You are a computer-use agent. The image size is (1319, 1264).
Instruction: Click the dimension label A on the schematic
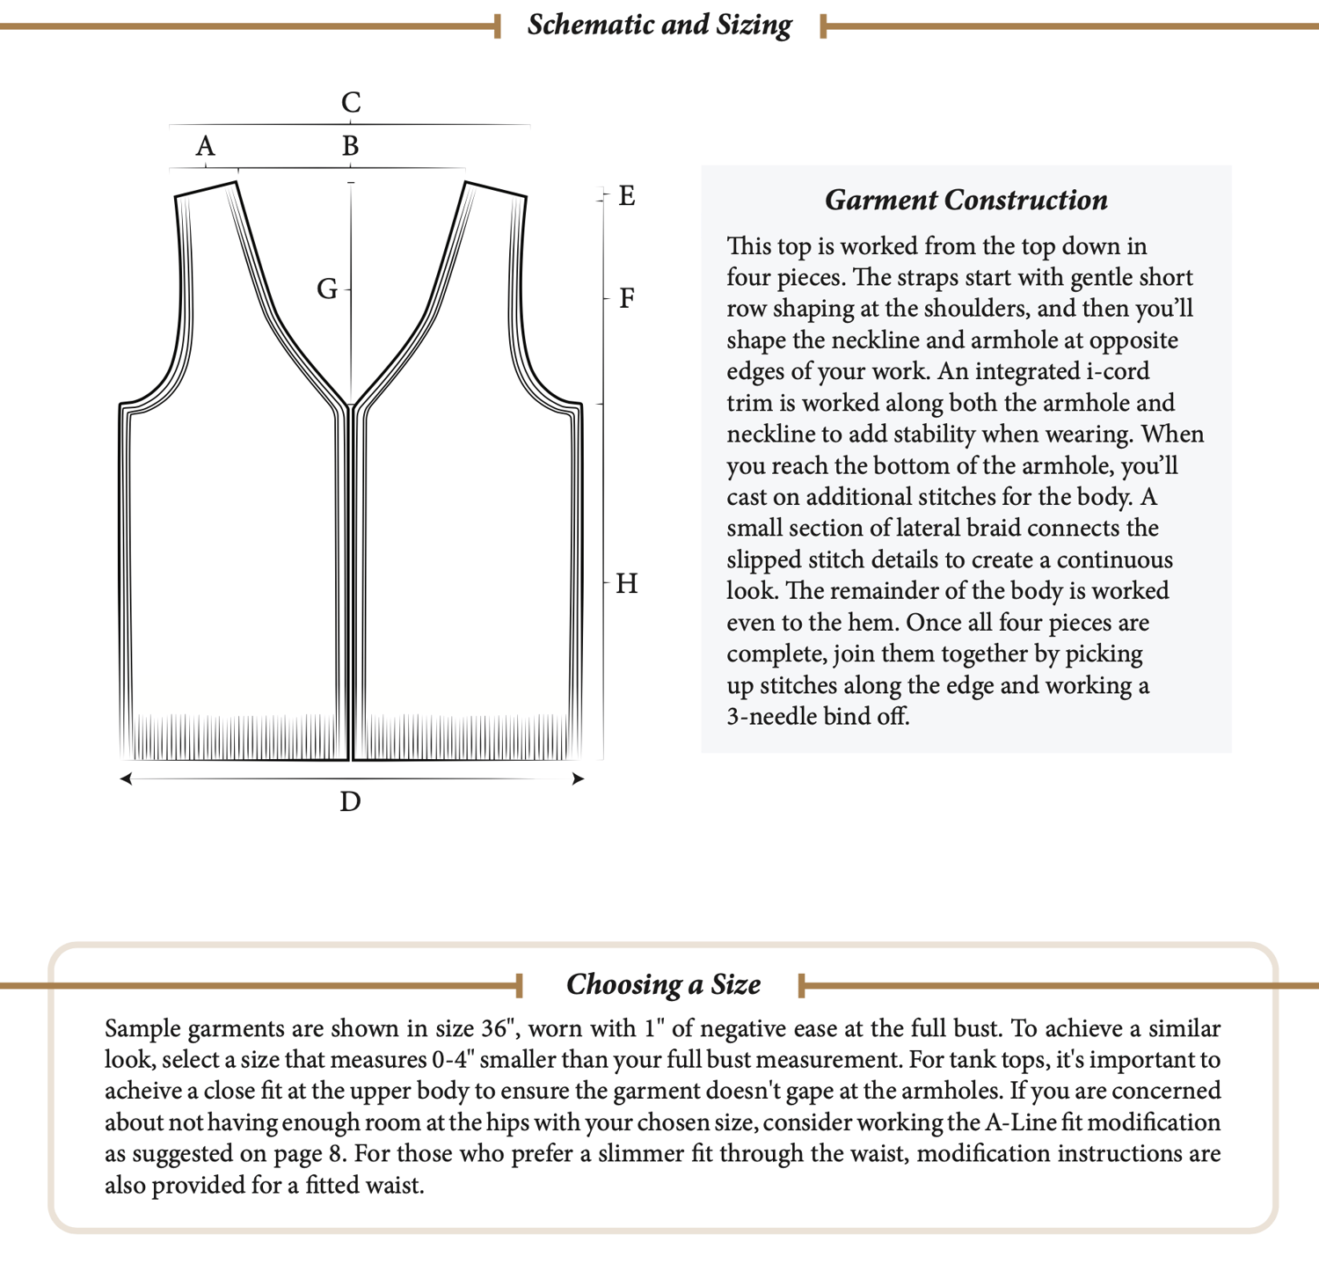tap(205, 146)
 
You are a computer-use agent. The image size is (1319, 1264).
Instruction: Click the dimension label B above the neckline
tap(350, 146)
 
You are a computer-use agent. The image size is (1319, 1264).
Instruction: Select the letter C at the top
tap(351, 103)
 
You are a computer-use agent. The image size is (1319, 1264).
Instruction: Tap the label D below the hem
tap(350, 802)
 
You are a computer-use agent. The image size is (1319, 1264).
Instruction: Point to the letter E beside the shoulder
tap(627, 195)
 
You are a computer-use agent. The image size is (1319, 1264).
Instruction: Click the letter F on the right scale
tap(627, 298)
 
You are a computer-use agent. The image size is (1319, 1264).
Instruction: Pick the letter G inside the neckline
tap(327, 289)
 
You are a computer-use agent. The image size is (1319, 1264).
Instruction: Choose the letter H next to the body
tap(627, 583)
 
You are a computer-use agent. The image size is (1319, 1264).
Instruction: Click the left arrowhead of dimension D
tap(127, 778)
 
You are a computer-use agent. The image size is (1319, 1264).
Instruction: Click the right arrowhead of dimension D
tap(578, 778)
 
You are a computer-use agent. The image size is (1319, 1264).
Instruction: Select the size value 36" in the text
tap(501, 1028)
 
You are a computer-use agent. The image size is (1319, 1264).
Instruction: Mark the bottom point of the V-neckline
tap(351, 406)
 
